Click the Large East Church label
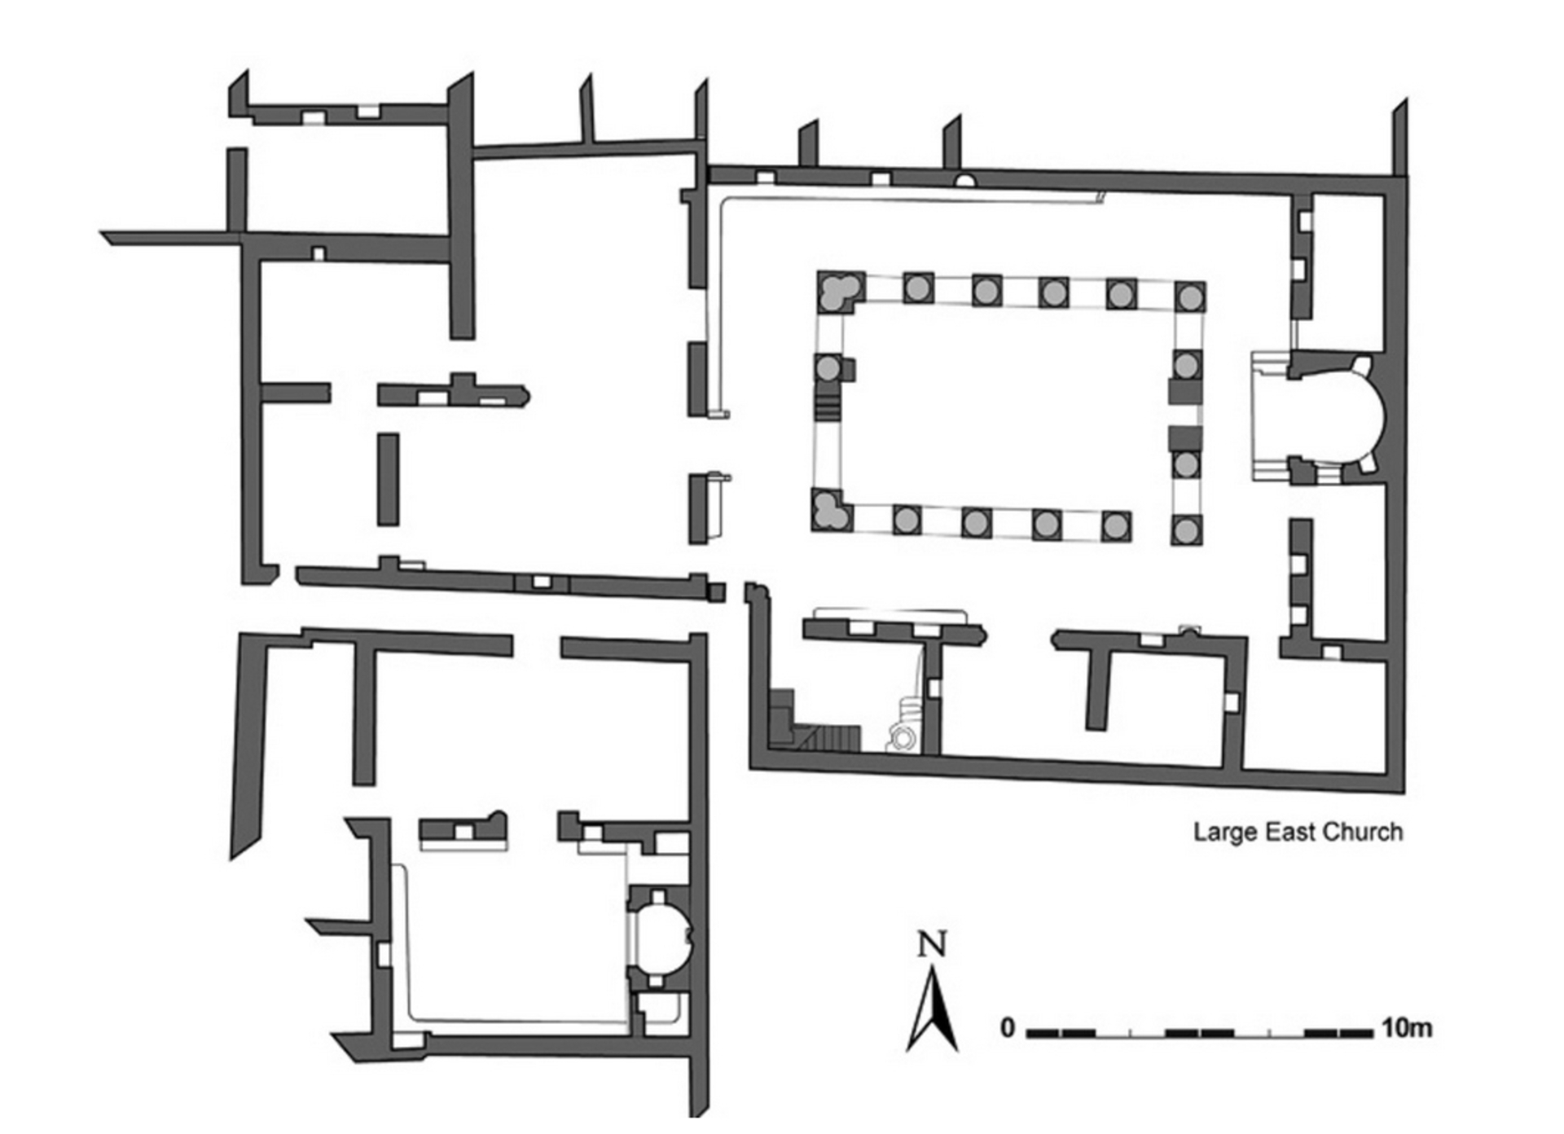pos(1298,833)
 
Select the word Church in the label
pos(1363,833)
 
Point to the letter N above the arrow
pos(932,945)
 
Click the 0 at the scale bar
pos(1008,1029)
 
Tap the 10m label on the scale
pos(1406,1028)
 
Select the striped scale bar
pos(1199,1033)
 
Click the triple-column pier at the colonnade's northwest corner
pos(836,292)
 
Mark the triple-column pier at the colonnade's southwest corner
pos(830,511)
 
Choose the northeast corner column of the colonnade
pos(1190,297)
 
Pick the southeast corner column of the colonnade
pos(1186,530)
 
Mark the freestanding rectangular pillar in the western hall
pos(388,479)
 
